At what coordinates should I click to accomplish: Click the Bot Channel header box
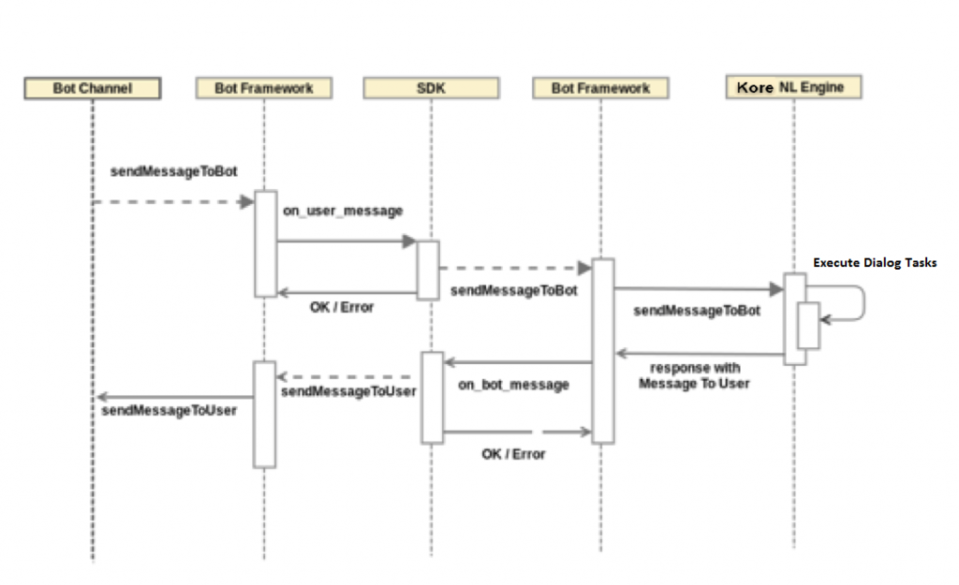point(93,88)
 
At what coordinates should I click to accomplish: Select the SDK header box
point(431,88)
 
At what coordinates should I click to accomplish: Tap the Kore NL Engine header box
point(793,87)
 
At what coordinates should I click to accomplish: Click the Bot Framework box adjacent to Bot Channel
point(263,88)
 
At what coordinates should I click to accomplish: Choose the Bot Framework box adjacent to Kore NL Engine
point(600,88)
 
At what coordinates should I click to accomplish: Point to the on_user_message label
point(343,212)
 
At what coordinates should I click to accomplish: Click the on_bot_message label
point(513,385)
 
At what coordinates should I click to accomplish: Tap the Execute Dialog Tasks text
point(875,263)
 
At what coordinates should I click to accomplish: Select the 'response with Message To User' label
point(694,376)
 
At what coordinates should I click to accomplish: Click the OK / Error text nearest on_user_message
point(342,307)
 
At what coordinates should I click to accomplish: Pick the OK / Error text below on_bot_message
point(513,454)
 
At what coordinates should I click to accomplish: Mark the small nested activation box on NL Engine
point(808,326)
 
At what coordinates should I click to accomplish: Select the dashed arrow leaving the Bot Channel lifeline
point(169,201)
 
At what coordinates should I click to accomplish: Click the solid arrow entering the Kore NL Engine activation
point(698,290)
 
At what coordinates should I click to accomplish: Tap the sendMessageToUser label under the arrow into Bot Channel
point(170,411)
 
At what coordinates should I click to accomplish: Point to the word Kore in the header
point(755,87)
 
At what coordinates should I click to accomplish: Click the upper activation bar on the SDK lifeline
point(428,270)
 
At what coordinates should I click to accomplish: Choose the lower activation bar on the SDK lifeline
point(432,397)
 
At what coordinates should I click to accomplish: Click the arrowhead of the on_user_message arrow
point(409,241)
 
